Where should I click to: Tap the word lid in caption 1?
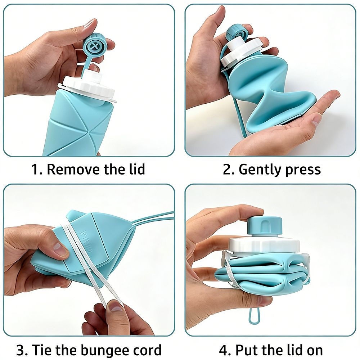136,169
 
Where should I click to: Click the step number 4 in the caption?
224,350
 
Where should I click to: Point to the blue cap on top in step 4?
265,225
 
